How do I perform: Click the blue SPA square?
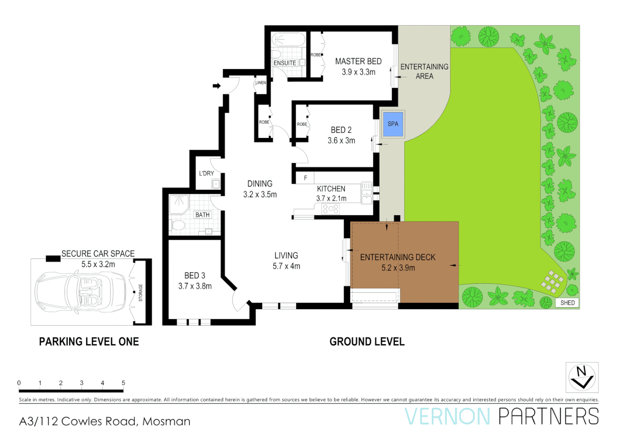coord(393,124)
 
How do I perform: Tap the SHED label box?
coord(567,303)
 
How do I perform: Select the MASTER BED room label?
coord(358,61)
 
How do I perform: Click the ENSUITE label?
coord(284,63)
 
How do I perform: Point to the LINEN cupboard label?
coord(260,83)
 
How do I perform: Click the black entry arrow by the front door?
coord(217,86)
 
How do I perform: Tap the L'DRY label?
coord(206,173)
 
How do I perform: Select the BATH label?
coord(202,215)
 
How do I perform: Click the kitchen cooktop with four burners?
coord(330,209)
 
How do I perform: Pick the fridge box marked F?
coord(305,178)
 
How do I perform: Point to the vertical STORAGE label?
coord(141,292)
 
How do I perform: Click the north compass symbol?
coord(582,377)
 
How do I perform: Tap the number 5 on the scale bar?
coord(123,383)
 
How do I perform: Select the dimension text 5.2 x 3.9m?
coord(398,268)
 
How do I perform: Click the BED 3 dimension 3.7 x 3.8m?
coord(195,286)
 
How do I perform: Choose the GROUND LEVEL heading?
coord(367,342)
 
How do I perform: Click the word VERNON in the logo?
coord(448,417)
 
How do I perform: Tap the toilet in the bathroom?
coord(178,225)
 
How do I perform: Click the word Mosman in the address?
coord(166,422)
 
